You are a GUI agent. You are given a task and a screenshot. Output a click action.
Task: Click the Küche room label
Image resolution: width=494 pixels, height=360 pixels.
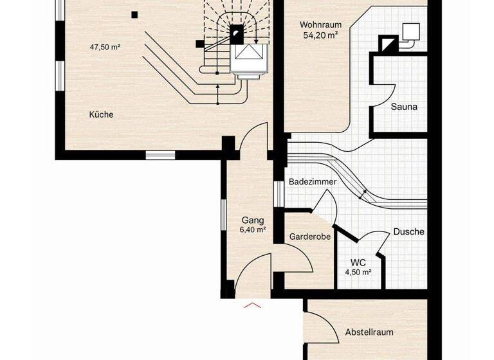point(102,115)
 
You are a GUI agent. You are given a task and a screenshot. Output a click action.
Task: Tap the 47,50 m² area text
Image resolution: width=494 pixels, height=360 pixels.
point(106,47)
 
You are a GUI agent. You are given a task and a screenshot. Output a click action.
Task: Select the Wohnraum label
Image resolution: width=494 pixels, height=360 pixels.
point(320,25)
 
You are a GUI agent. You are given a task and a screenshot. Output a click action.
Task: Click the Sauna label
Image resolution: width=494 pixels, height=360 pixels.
point(404,107)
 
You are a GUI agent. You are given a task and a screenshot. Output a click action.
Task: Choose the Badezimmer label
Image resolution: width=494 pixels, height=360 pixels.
point(313,182)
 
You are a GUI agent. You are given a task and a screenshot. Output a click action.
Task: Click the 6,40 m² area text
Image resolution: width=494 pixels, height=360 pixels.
point(253,230)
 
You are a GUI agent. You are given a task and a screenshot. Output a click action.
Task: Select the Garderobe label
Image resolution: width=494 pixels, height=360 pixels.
point(310,237)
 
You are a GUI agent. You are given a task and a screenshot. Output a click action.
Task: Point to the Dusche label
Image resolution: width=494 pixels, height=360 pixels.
point(408,232)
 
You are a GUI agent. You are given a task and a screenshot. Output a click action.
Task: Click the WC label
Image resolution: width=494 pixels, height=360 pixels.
point(358,262)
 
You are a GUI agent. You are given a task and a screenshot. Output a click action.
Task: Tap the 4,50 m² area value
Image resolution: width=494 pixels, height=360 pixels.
point(358,272)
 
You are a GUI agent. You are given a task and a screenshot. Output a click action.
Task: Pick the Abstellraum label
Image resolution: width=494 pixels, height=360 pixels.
point(369,332)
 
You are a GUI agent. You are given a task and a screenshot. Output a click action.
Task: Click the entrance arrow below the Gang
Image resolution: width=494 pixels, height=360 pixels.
point(252,304)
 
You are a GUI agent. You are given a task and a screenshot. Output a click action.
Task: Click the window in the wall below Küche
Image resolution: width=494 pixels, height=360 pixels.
point(160,154)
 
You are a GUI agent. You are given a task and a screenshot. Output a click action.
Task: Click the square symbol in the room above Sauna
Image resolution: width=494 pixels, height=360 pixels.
point(410,30)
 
